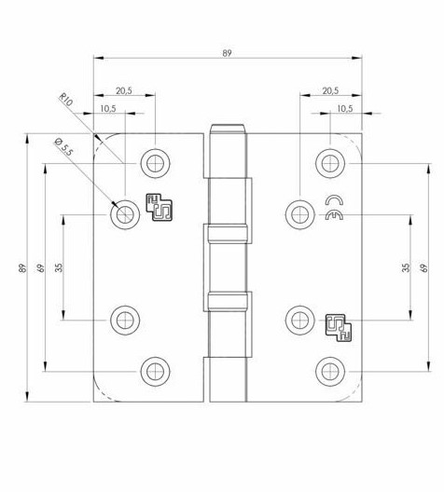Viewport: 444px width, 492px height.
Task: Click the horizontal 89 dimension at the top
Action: point(227,54)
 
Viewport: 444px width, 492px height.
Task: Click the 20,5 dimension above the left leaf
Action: point(125,90)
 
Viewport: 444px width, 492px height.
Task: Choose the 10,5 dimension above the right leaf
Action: point(343,108)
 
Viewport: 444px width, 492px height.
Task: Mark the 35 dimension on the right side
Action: point(405,267)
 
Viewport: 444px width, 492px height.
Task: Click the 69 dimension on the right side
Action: point(424,268)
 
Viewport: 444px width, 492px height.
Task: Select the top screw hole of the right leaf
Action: point(327,162)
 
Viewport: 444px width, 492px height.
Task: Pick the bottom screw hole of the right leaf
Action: point(327,373)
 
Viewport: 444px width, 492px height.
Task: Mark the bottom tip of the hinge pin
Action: point(227,397)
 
